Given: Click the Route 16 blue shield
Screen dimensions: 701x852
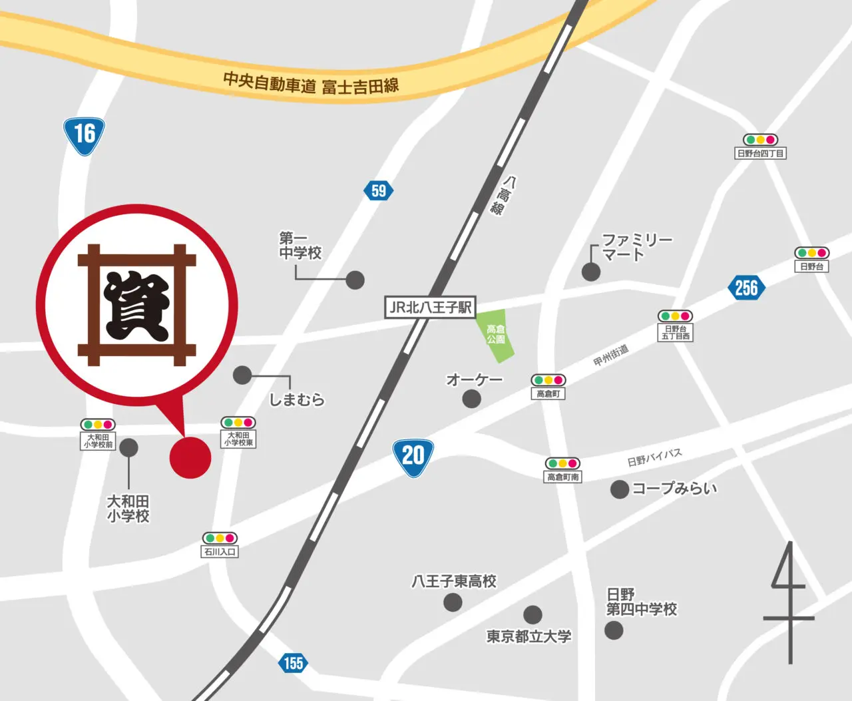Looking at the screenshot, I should [84, 135].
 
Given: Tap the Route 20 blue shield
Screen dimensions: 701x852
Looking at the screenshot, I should [413, 457].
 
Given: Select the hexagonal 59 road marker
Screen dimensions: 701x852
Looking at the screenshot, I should [379, 191].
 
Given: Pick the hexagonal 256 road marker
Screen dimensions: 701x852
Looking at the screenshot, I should [746, 288].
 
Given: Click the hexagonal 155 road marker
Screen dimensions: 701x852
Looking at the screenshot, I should [293, 663].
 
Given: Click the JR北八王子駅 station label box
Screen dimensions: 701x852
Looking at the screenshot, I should [431, 307].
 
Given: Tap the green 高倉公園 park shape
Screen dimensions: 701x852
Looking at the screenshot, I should [495, 335].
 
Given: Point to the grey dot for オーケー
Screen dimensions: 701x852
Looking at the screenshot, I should [471, 399].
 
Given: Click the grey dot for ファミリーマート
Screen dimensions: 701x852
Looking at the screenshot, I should [591, 272].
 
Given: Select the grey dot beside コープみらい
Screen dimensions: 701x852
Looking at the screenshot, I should [620, 489].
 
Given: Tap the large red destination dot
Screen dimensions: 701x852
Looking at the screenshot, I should [190, 457].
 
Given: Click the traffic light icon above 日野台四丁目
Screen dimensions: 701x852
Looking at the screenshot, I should [760, 140].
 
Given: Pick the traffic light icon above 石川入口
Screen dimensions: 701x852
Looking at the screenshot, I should [220, 538].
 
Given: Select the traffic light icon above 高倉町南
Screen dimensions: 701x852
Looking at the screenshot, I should [562, 463].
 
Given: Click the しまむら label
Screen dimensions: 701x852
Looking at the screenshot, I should [297, 399].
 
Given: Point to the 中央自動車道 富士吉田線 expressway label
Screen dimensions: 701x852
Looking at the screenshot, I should [311, 83].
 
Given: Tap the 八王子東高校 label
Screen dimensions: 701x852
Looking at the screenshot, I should [454, 581].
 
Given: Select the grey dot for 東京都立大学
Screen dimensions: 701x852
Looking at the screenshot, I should [532, 614].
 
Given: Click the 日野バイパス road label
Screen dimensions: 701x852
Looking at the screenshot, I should [654, 457].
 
